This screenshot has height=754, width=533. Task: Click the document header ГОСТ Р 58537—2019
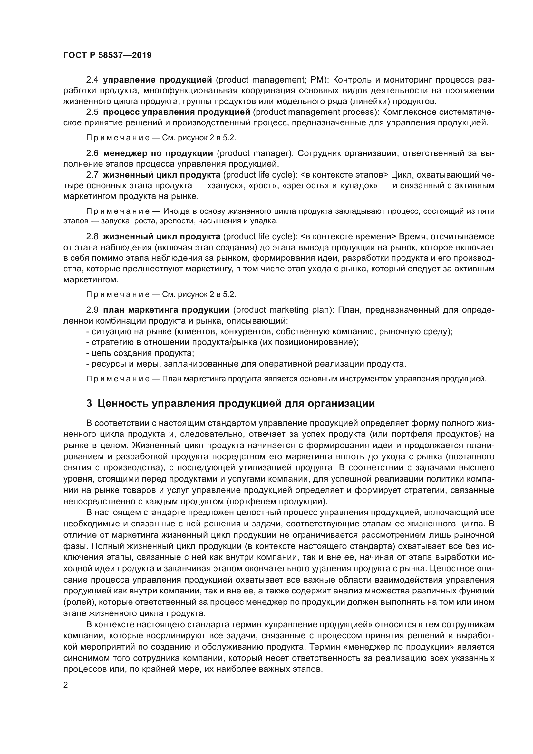click(x=107, y=55)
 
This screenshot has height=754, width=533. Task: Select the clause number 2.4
click(x=92, y=80)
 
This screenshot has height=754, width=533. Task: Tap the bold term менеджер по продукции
click(x=158, y=153)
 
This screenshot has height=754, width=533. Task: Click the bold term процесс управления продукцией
click(x=176, y=112)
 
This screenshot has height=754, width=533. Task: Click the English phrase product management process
click(x=315, y=112)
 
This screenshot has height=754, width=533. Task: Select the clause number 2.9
click(x=92, y=310)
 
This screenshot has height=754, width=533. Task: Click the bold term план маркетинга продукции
click(x=166, y=310)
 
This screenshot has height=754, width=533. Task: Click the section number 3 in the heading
click(x=89, y=403)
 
